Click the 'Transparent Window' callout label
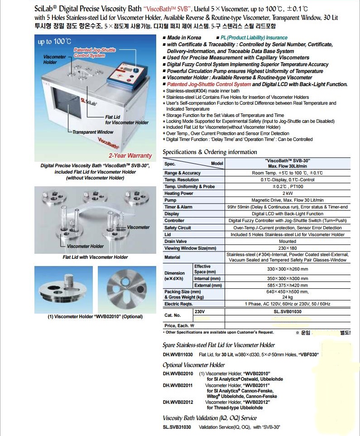tap(93, 132)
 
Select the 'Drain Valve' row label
tap(175, 241)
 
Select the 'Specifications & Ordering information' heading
tap(210, 152)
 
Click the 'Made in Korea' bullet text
tap(184, 38)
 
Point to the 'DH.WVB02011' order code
tap(178, 385)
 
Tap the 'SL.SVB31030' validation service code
tap(177, 427)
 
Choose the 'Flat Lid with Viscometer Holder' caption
tap(95, 257)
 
